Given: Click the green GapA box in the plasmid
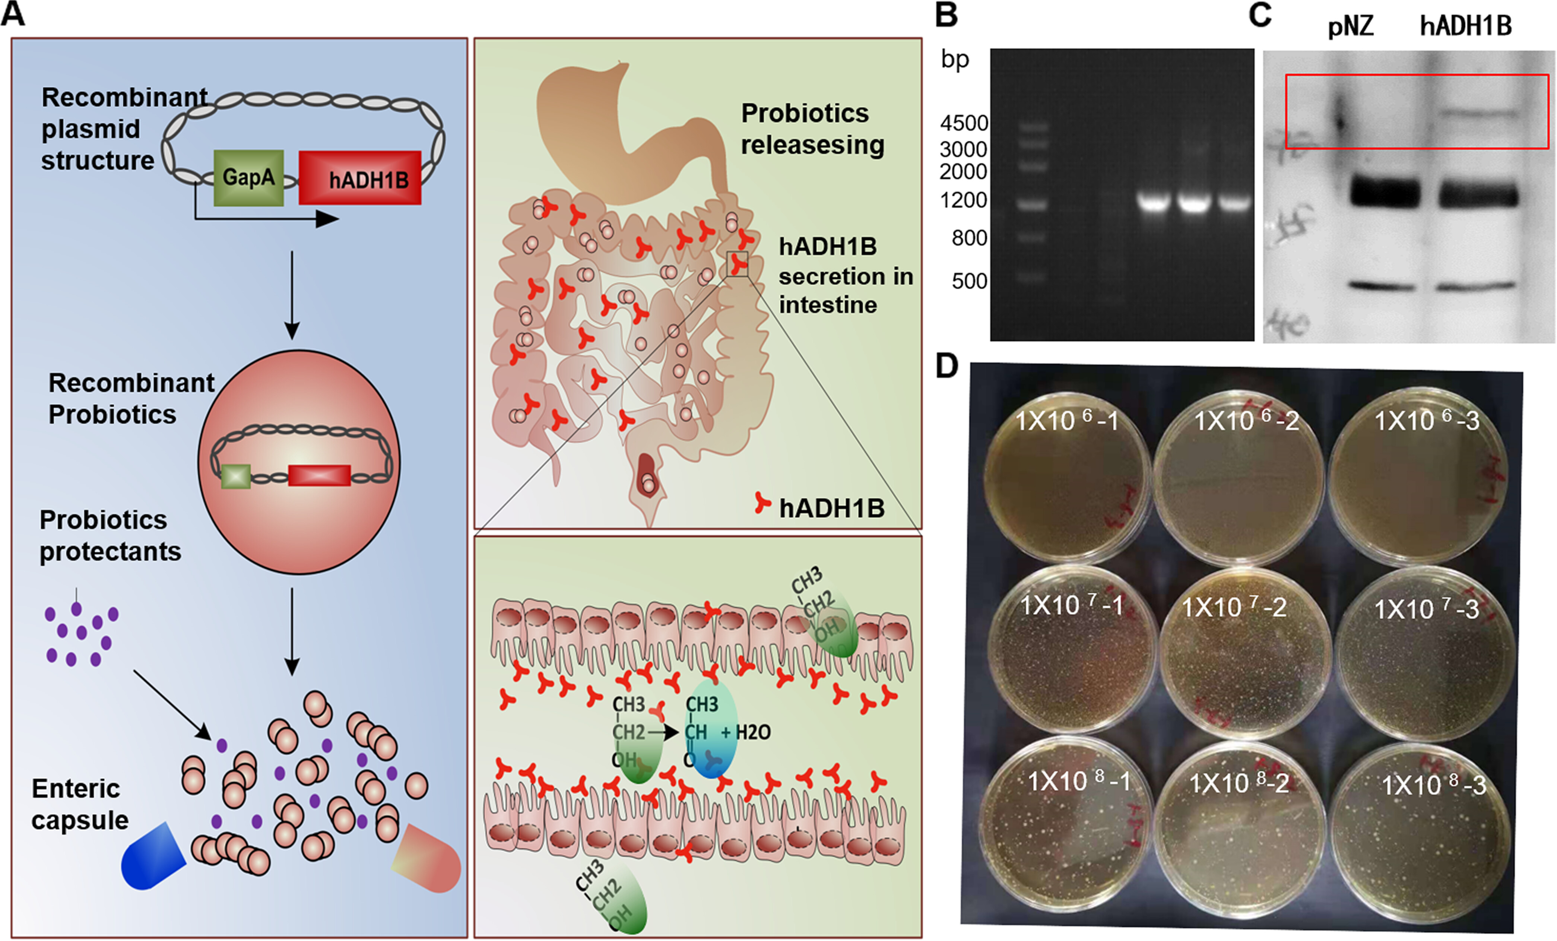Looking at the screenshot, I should coord(248,178).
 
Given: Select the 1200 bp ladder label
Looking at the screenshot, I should coord(964,200).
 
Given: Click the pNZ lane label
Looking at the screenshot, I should coord(1350,26).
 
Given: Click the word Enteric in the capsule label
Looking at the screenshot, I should coord(76,789).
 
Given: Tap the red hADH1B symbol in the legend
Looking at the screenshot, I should coord(763,504).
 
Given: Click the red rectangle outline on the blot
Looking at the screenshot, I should coord(1417,76).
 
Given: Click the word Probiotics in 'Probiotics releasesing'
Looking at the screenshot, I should coord(805,114).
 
